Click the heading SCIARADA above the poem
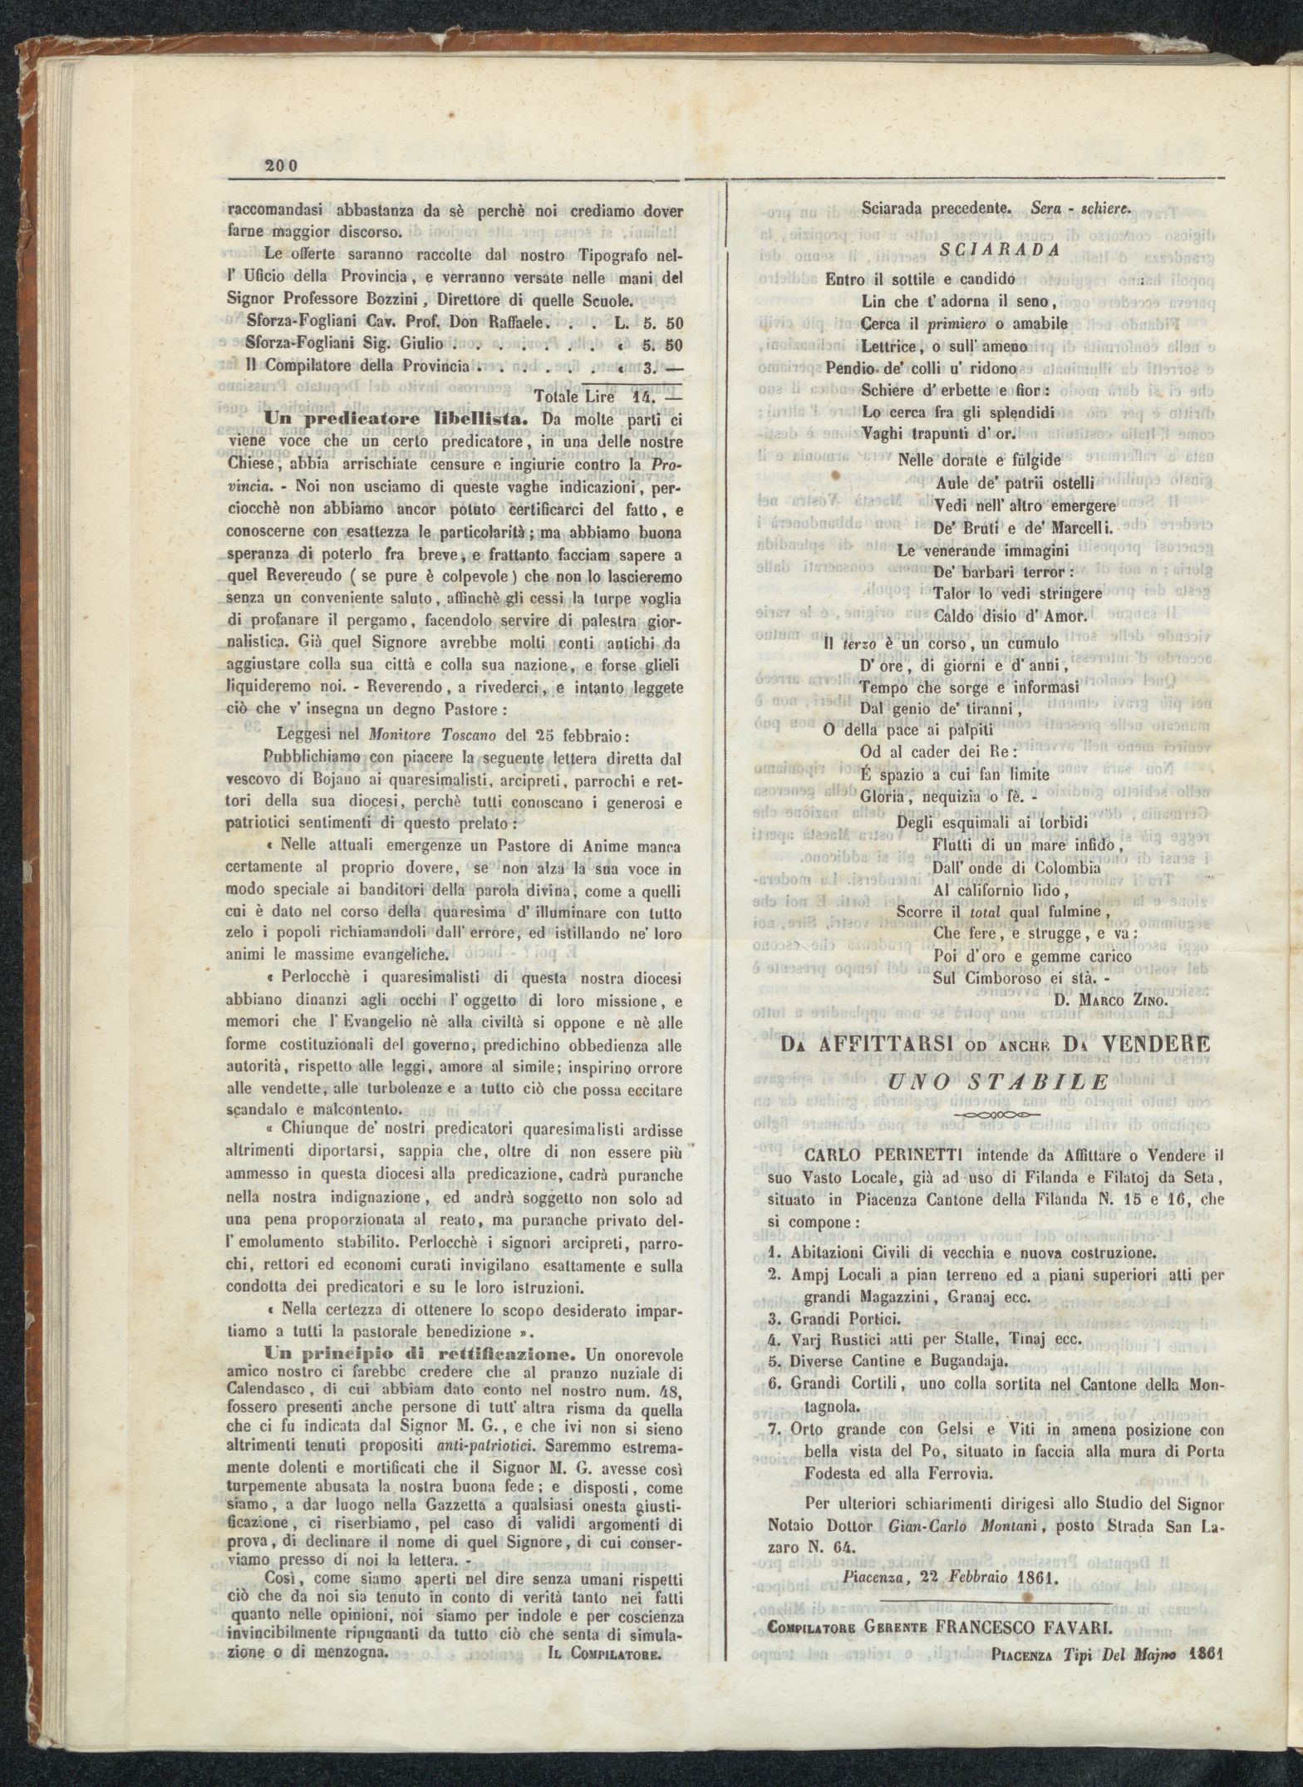point(1000,249)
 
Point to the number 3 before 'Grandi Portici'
point(772,1318)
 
